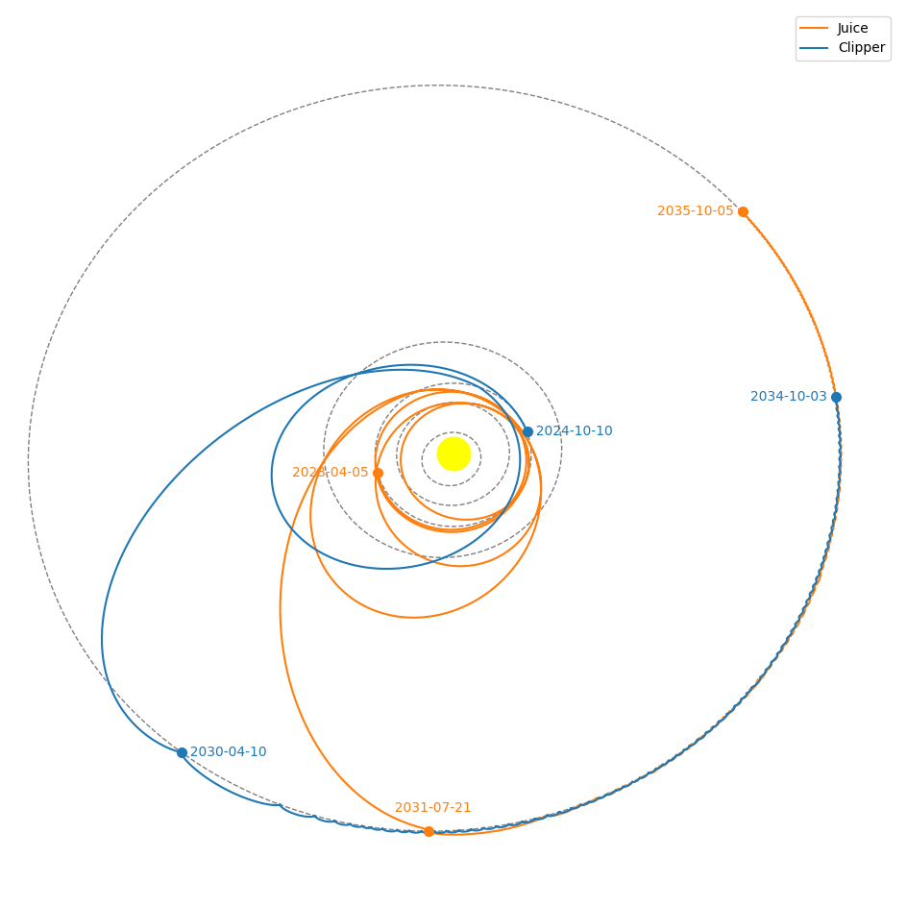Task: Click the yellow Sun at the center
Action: pos(453,453)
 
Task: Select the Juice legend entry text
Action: pos(852,28)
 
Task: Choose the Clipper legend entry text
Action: pos(861,47)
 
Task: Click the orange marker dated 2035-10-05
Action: pos(743,211)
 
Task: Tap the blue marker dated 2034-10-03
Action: pos(836,397)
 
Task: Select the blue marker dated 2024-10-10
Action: pos(527,431)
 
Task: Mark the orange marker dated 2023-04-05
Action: pos(378,473)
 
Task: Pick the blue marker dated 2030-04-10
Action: pos(182,752)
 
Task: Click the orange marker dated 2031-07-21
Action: pos(429,831)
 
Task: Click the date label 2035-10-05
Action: pos(695,211)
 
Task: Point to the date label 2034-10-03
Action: pos(788,397)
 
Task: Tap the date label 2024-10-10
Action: pos(574,431)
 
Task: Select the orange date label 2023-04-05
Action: pos(330,473)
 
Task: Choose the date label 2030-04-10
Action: pos(228,752)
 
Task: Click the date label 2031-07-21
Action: pos(432,808)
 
